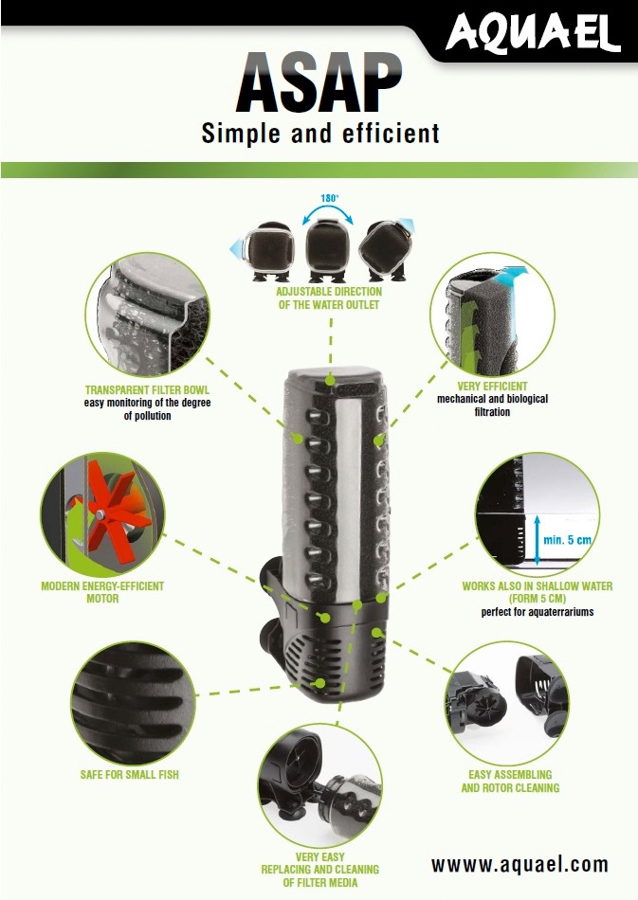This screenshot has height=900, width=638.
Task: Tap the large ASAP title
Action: [319, 84]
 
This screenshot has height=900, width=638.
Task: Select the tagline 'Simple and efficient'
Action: [320, 133]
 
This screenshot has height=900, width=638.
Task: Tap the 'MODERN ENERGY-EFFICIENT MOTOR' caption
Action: [102, 592]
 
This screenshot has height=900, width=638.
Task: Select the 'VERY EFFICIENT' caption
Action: [492, 387]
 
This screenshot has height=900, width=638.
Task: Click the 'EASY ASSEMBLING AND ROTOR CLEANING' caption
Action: [509, 781]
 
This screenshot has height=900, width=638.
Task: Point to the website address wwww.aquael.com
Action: [520, 864]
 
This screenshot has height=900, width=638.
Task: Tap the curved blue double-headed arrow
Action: [329, 215]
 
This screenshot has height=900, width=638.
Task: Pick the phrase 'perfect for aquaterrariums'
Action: [537, 612]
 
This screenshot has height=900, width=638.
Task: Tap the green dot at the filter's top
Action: [329, 379]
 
